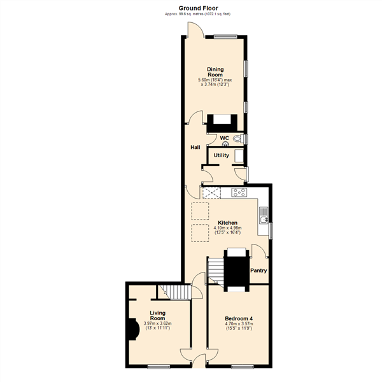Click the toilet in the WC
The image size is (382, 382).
237,138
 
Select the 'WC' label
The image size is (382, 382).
224,138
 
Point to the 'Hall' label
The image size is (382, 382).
196,148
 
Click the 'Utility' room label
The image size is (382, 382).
221,155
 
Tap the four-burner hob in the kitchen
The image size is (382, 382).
240,192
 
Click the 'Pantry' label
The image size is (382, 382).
258,270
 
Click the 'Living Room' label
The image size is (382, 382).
157,315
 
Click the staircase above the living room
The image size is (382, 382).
167,292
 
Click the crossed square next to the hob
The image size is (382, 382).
210,192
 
